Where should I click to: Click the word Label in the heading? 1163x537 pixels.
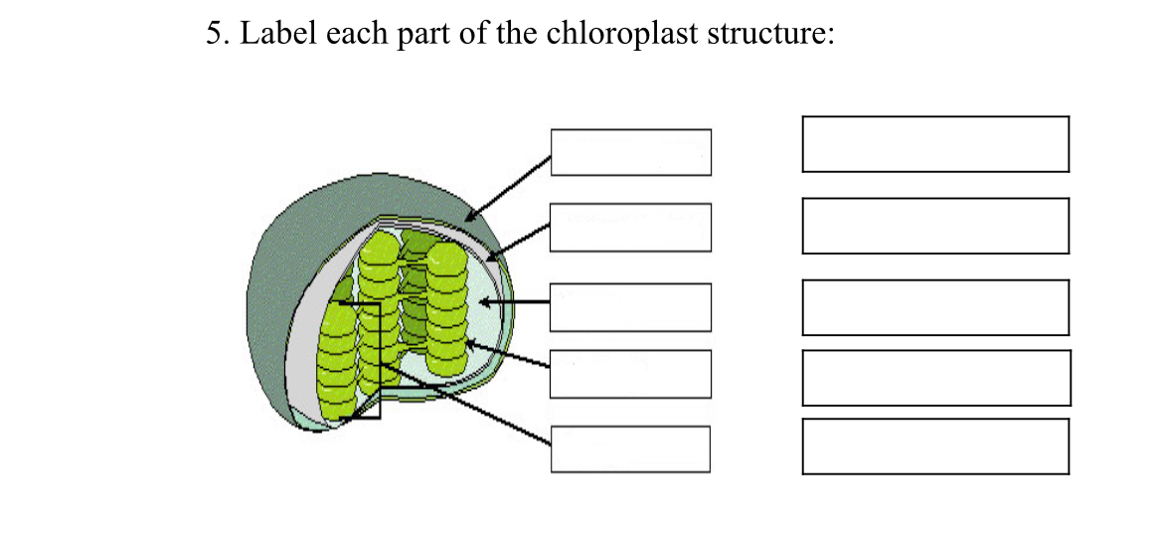pyautogui.click(x=273, y=35)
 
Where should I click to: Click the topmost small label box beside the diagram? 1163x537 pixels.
pyautogui.click(x=631, y=152)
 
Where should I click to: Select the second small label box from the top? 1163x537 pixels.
pyautogui.click(x=631, y=228)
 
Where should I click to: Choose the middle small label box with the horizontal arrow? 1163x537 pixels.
pyautogui.click(x=631, y=307)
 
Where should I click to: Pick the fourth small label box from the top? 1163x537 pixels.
pyautogui.click(x=631, y=373)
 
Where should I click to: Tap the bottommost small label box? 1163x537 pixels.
pyautogui.click(x=631, y=448)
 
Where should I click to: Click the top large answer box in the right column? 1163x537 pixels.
pyautogui.click(x=935, y=144)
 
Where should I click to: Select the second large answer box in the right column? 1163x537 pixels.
pyautogui.click(x=935, y=226)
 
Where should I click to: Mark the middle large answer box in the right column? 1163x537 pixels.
pyautogui.click(x=935, y=307)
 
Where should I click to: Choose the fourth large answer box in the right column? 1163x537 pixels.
pyautogui.click(x=935, y=378)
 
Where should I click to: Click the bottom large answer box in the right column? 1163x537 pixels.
pyautogui.click(x=935, y=447)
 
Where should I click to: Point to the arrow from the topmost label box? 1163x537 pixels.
pyautogui.click(x=509, y=188)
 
